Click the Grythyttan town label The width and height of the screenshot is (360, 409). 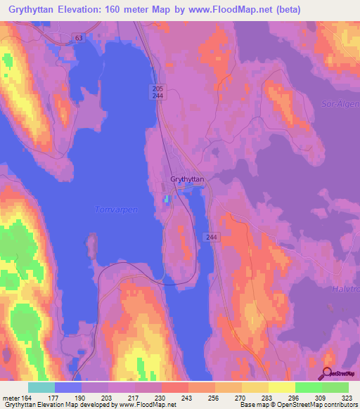pos(187,180)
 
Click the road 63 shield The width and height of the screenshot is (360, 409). pos(77,38)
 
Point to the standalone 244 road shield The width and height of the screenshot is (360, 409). pos(212,238)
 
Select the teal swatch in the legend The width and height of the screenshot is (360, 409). pos(41,387)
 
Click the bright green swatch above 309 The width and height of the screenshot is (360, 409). pos(308,387)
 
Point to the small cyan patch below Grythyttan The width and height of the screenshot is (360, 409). pos(167,199)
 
